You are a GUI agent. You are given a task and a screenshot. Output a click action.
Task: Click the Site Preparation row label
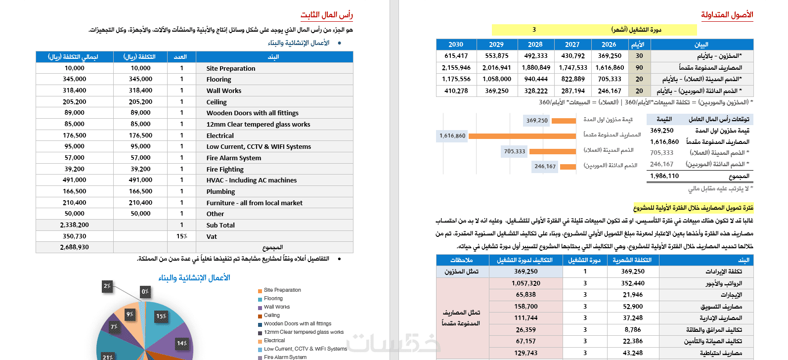coord(230,68)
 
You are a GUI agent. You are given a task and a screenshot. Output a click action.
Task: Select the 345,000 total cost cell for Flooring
coord(74,79)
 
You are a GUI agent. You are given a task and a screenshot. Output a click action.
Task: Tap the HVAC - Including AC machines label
coord(251,180)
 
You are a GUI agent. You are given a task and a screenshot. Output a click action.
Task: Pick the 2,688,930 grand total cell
coord(74,247)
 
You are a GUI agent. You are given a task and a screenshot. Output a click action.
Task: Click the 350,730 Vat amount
coord(74,236)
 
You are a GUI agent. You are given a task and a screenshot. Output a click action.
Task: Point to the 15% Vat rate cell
coord(181,236)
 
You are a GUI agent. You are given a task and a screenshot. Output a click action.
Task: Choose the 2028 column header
coord(535,45)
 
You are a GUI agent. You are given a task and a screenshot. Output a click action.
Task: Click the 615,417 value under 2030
coord(456,56)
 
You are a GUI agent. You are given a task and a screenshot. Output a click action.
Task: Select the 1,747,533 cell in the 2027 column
coord(573,68)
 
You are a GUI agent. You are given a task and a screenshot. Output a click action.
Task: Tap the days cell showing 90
coord(639,68)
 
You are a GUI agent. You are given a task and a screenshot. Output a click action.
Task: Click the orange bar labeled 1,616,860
coord(522,135)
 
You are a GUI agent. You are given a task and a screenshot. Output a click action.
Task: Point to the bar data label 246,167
coord(545,166)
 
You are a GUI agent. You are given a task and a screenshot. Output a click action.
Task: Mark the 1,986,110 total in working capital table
coord(664,176)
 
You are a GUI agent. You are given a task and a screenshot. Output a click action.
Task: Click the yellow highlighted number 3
coord(534,30)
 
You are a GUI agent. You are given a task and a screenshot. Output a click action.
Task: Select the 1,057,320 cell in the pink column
coord(525,283)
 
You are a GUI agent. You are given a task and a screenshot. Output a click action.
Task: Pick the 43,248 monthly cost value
coord(633,353)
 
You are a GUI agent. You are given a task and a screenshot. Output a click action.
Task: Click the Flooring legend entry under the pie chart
coord(273,299)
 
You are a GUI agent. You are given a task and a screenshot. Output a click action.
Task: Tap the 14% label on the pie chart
coord(182,343)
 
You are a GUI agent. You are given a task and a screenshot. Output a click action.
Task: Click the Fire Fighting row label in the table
coord(225,169)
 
